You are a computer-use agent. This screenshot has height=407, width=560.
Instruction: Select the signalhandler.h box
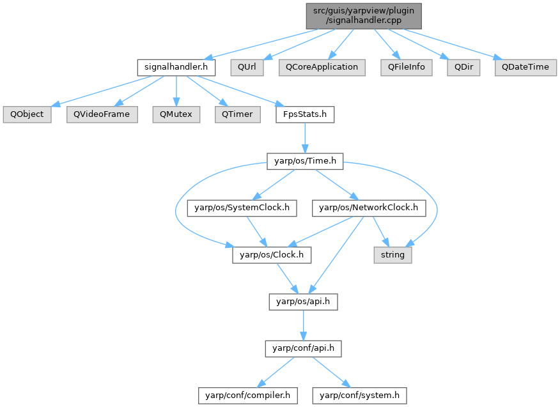(176, 67)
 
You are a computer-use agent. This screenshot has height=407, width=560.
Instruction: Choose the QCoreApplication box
(322, 67)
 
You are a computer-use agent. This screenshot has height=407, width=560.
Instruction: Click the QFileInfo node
(406, 67)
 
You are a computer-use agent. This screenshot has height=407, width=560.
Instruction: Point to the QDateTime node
(525, 67)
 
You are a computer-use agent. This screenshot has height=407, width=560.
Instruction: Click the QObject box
(23, 115)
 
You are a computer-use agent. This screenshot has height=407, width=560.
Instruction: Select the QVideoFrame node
(102, 115)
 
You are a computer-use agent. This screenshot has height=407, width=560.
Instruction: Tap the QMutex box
(176, 115)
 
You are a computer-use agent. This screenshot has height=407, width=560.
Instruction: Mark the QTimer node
(237, 115)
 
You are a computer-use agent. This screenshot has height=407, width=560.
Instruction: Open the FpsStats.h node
(304, 115)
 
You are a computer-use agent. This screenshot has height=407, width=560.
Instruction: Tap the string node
(393, 255)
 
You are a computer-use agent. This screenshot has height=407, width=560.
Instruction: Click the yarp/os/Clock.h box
(272, 255)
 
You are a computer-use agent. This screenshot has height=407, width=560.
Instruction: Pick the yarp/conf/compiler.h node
(247, 396)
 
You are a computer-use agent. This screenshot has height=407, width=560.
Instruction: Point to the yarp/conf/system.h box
(359, 396)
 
